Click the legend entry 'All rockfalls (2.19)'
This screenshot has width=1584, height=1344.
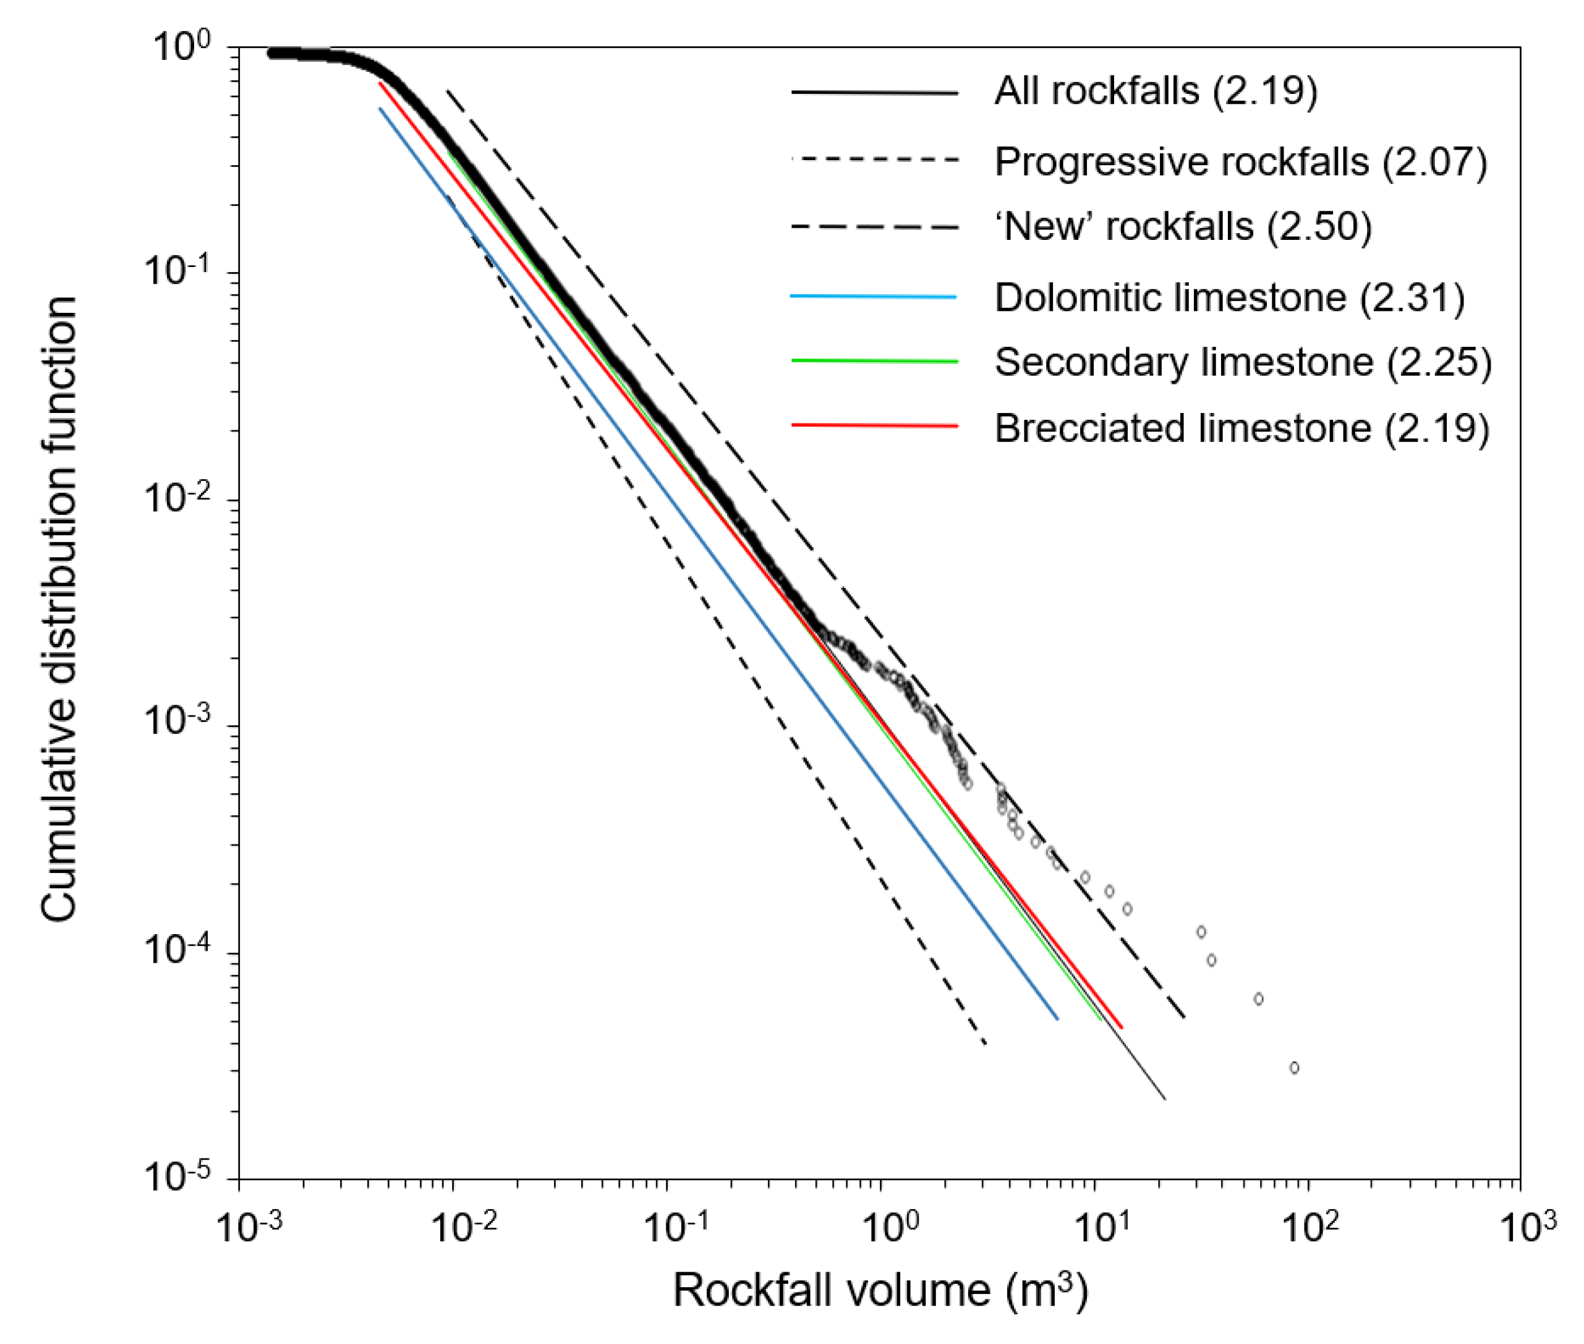point(1156,91)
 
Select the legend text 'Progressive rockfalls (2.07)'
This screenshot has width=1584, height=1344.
point(1240,161)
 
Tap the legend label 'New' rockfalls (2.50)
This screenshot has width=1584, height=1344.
point(1183,226)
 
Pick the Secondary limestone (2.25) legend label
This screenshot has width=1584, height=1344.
point(1243,361)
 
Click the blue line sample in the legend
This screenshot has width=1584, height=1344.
point(874,296)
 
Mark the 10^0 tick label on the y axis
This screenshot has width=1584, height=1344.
point(181,47)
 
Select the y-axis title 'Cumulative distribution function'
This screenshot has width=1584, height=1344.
point(59,610)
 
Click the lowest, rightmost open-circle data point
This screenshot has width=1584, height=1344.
point(1293,1068)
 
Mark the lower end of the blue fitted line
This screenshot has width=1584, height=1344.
point(1057,1019)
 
